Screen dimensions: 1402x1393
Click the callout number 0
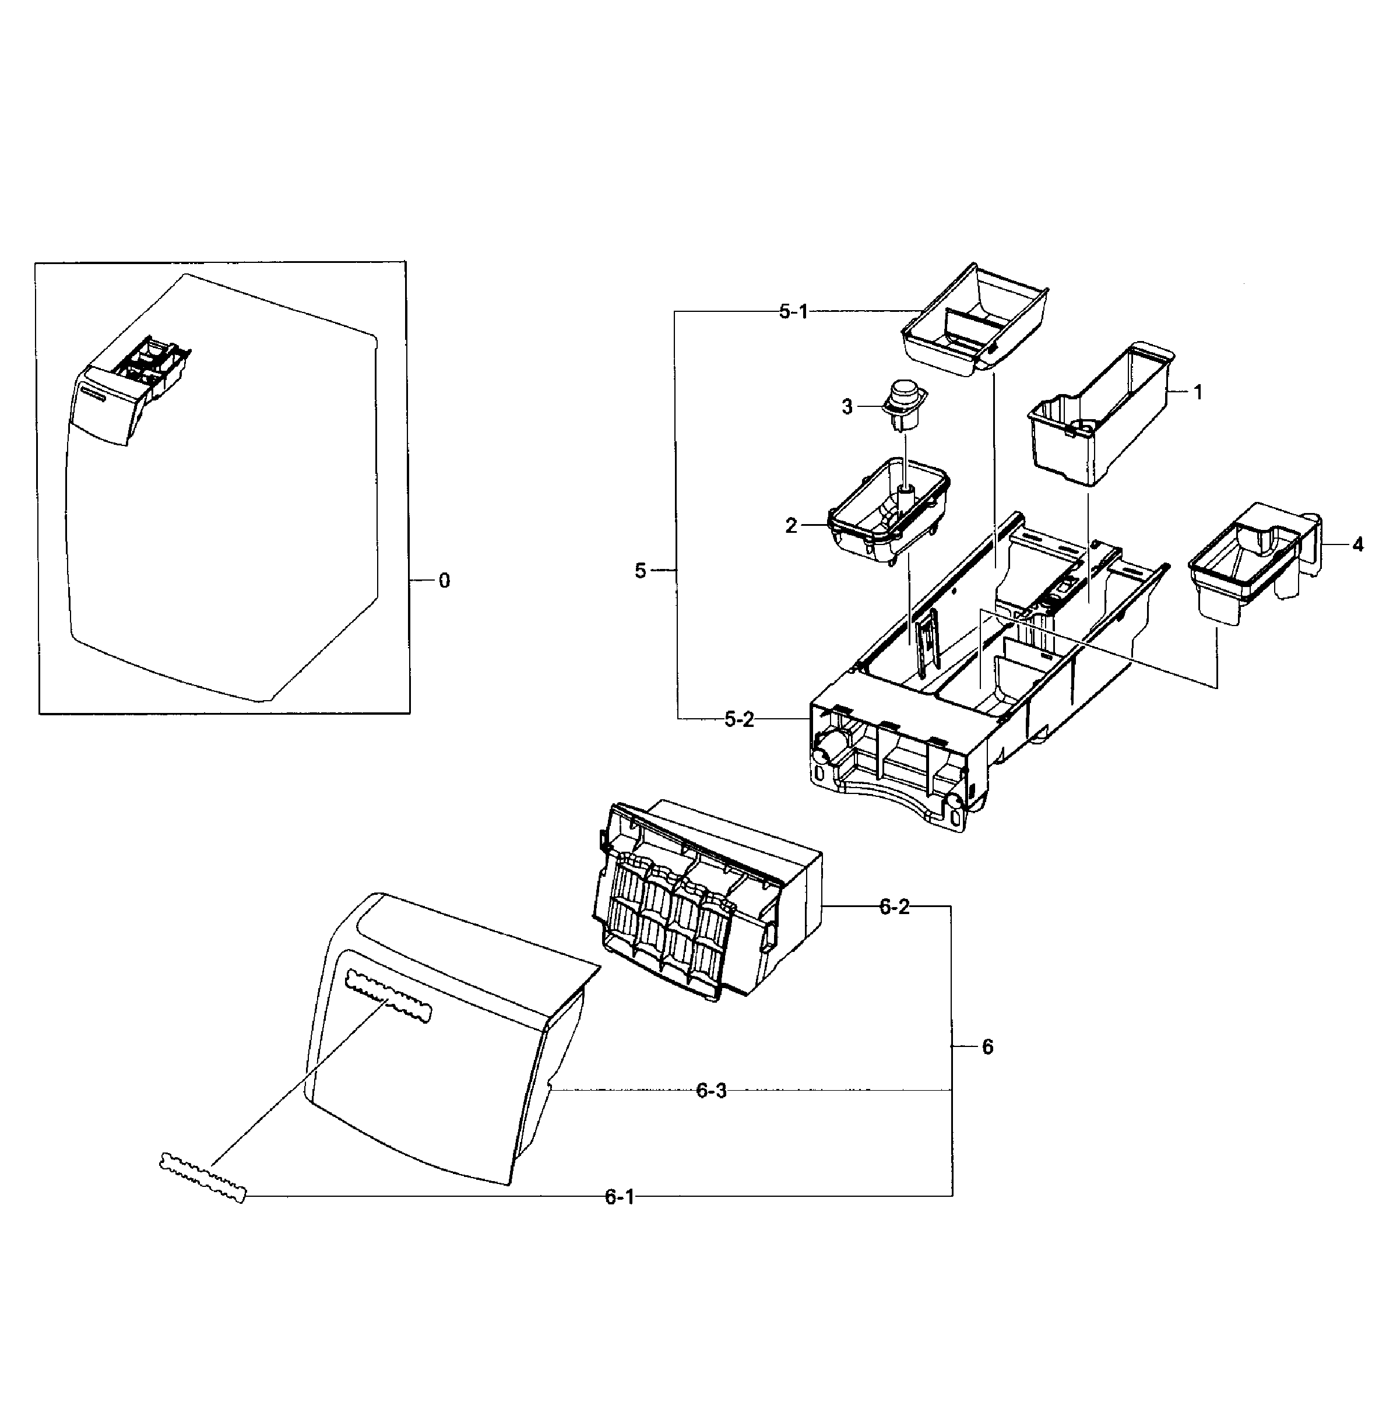coord(444,581)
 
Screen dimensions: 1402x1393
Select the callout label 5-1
coord(793,313)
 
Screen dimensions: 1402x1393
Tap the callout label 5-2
coord(739,720)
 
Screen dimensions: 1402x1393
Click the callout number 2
coord(791,526)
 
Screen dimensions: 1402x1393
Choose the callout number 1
coord(1198,392)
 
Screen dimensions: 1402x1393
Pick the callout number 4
coord(1357,544)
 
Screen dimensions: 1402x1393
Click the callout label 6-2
coord(894,907)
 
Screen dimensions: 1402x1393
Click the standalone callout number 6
coord(987,1047)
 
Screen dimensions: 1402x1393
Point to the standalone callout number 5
coord(640,572)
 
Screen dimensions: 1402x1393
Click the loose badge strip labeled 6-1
coord(202,1179)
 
